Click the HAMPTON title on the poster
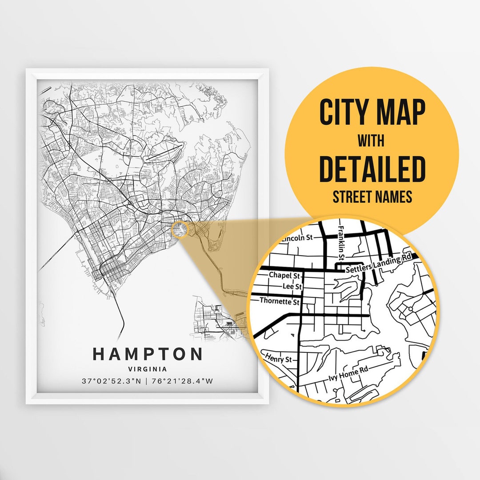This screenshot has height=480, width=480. (148, 354)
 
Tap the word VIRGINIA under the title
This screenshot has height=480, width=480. (148, 369)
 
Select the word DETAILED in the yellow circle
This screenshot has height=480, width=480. (372, 168)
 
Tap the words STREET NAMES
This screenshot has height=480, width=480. (372, 196)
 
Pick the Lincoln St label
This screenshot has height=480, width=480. (297, 238)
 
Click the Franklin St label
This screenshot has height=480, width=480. (341, 242)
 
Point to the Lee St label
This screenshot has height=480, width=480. (292, 287)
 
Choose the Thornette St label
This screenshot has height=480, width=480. (280, 301)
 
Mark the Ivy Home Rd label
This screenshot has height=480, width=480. (348, 374)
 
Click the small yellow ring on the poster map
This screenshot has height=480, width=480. (180, 229)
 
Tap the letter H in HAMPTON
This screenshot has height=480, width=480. (99, 354)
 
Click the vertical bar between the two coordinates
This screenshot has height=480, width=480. (148, 381)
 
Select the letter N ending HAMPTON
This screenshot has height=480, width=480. (196, 354)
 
